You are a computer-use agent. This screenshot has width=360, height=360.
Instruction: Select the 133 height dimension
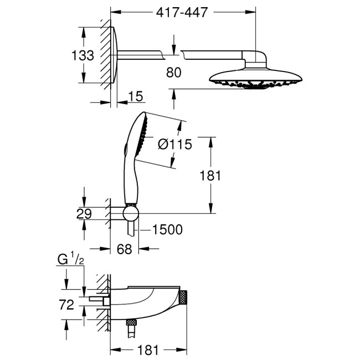83,56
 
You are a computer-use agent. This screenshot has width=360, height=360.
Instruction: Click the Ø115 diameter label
174,145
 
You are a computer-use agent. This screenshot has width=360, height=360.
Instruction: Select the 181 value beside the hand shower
210,176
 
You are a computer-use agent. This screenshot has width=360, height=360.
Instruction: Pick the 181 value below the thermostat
148,349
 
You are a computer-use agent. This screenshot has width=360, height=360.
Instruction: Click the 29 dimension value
84,214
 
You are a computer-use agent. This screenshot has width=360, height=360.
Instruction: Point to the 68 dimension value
124,249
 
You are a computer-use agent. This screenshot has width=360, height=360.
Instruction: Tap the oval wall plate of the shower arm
114,55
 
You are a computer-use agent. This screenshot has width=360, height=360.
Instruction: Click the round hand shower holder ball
131,214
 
